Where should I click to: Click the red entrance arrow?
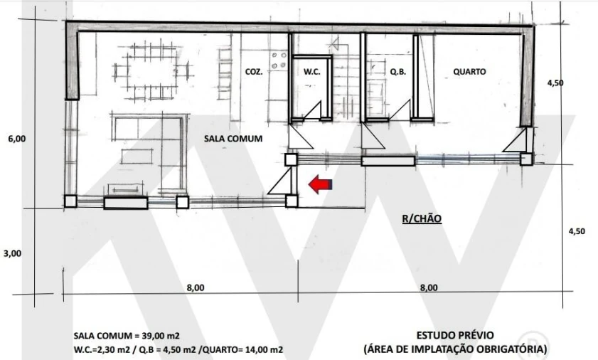(x=319, y=185)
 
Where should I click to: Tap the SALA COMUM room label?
(x=233, y=139)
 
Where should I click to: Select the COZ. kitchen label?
(x=254, y=72)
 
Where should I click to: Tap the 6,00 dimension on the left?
(x=16, y=139)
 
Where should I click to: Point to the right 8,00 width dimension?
(x=429, y=287)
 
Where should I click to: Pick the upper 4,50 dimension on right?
(x=555, y=83)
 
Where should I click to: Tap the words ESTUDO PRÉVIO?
(x=454, y=334)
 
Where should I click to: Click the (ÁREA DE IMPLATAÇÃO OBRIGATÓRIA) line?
(x=454, y=349)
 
